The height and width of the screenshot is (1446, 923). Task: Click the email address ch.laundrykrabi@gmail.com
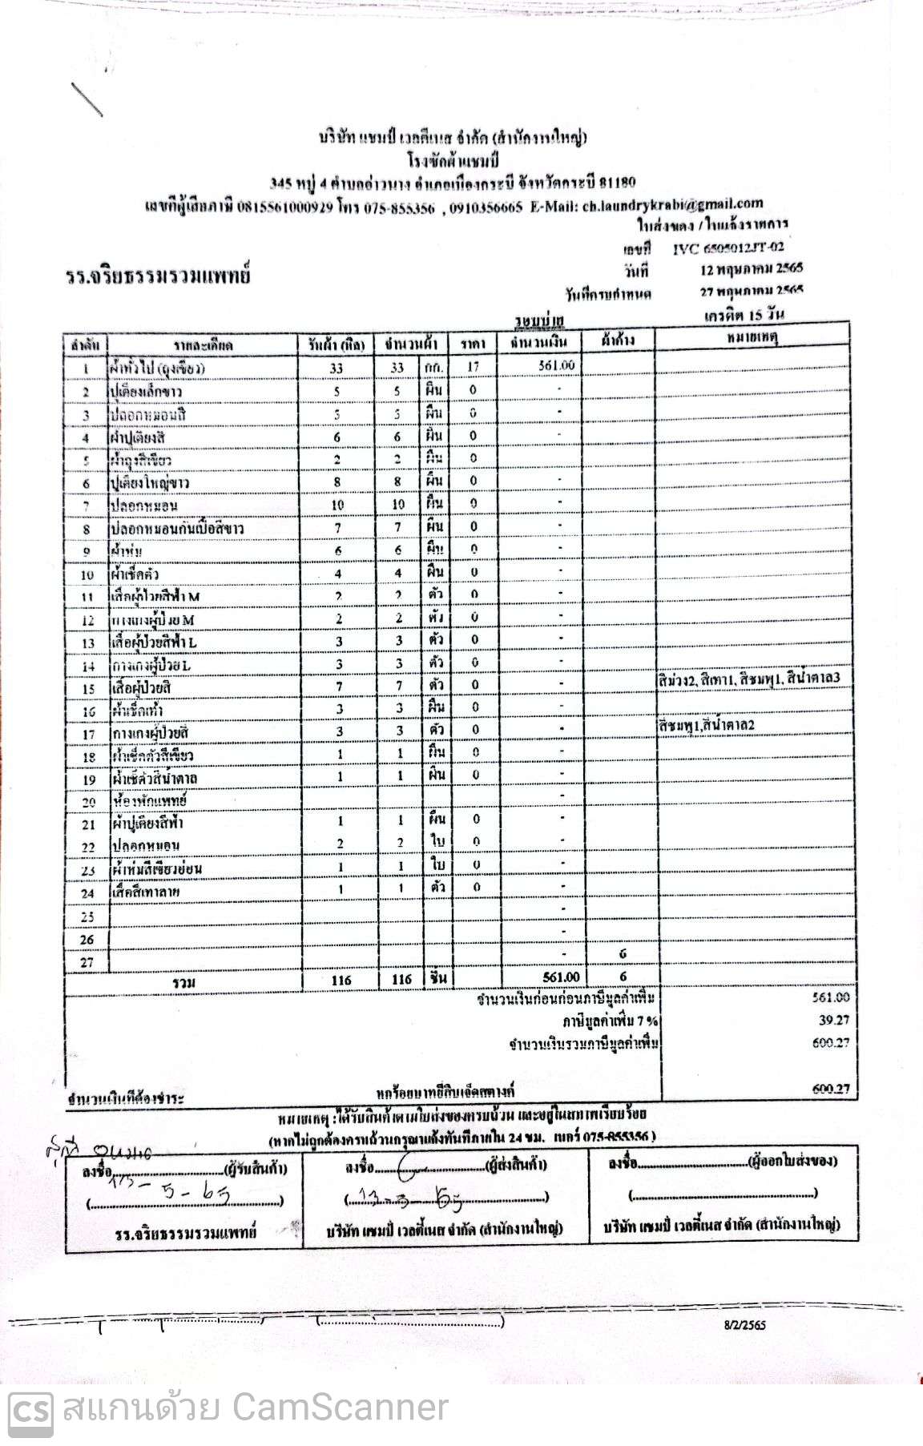pos(672,204)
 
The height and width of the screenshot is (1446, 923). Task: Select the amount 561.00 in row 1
pos(556,365)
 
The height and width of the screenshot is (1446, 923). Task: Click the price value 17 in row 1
pos(474,367)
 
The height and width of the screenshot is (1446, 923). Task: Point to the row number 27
pos(87,962)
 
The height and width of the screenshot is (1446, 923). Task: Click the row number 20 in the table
pos(88,801)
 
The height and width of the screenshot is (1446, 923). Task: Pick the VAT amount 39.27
pos(833,1020)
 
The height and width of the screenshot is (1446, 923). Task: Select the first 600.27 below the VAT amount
pos(832,1042)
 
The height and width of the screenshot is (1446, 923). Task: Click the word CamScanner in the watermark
pos(340,1408)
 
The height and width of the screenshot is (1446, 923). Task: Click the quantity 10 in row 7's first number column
pos(337,505)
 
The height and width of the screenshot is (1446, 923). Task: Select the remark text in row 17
pos(706,725)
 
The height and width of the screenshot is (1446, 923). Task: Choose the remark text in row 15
pos(748,679)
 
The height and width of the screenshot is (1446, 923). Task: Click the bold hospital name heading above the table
pos(158,276)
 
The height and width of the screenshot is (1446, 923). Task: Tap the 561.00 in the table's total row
pos(560,977)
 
